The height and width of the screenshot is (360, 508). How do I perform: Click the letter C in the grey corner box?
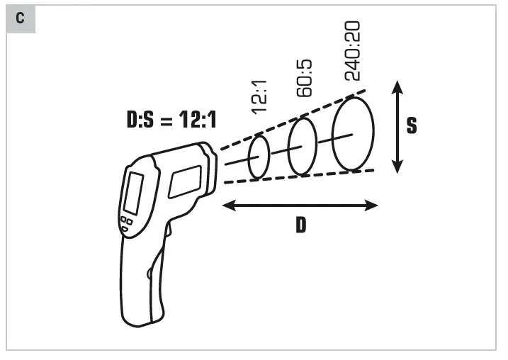coord(20,18)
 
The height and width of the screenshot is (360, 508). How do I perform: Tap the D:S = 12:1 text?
coord(171,119)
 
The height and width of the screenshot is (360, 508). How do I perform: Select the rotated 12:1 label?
coord(259,97)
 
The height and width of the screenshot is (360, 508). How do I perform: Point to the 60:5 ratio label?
coord(304,78)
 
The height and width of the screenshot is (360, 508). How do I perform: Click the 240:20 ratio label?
coord(352,51)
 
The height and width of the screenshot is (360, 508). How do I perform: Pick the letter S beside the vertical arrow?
coord(412,125)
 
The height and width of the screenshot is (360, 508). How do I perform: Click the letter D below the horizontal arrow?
coord(300,225)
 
